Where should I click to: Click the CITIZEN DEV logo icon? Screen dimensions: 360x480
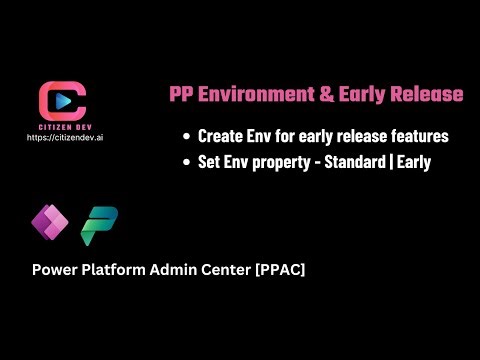point(61,99)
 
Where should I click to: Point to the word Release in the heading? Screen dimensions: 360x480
point(426,94)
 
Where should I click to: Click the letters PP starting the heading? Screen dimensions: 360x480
point(182,94)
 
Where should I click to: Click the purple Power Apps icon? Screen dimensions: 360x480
point(47,217)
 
